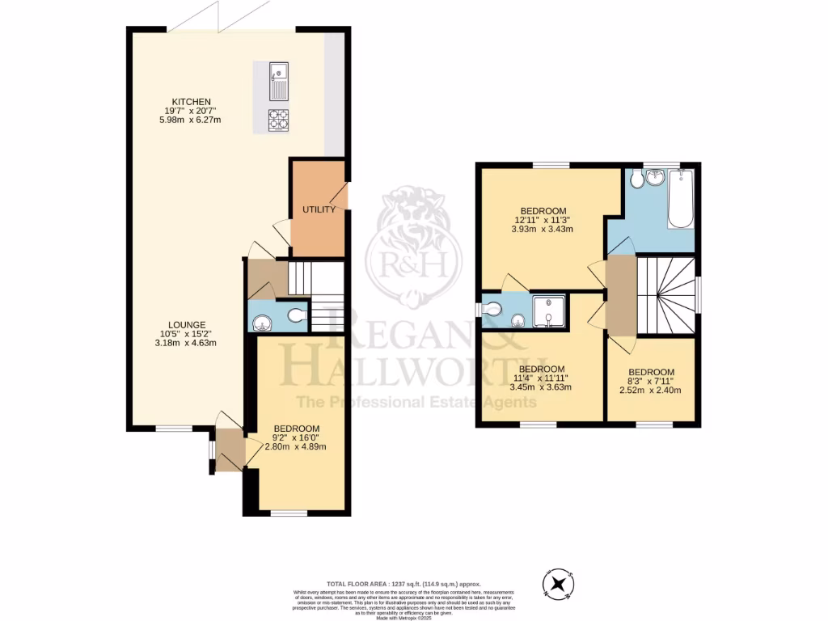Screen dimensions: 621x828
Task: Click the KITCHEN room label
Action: coord(191,101)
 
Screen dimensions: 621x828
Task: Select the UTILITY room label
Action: coord(319,209)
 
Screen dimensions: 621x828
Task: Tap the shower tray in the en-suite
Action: coord(548,312)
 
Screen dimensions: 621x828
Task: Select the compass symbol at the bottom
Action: coord(558,584)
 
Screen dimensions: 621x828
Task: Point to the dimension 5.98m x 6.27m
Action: coord(191,120)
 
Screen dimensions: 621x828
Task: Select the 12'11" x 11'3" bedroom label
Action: coord(543,210)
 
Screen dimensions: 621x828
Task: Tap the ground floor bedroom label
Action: coord(296,429)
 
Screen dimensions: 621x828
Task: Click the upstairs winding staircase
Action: coord(665,295)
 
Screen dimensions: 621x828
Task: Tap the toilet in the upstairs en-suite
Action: coord(492,308)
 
